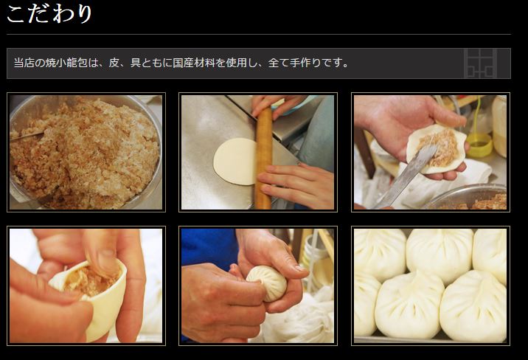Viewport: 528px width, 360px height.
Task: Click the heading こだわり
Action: pos(49,14)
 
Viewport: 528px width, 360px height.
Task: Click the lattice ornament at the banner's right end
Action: pos(480,63)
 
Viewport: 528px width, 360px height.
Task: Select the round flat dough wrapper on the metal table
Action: pos(235,161)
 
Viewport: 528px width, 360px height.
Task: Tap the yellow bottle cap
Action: pos(479,145)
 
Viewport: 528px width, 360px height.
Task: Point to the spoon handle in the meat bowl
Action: pos(27,136)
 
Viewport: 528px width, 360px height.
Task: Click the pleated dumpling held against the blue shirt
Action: pos(267,283)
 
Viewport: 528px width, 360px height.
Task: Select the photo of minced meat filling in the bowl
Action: pos(86,152)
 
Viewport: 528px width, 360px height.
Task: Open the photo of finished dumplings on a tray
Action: pos(431,285)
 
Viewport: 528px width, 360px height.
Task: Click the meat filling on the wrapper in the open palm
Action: pos(441,148)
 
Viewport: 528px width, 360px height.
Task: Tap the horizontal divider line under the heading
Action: pos(259,34)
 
